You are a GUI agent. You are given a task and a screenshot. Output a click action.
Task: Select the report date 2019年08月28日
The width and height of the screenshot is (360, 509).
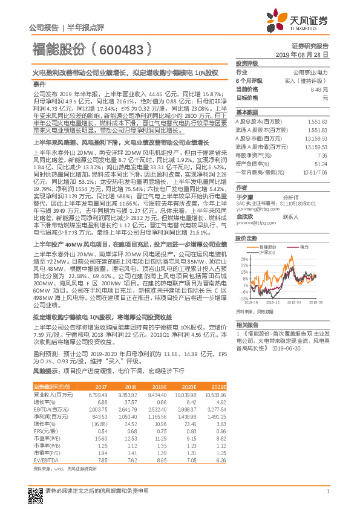click(306, 54)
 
